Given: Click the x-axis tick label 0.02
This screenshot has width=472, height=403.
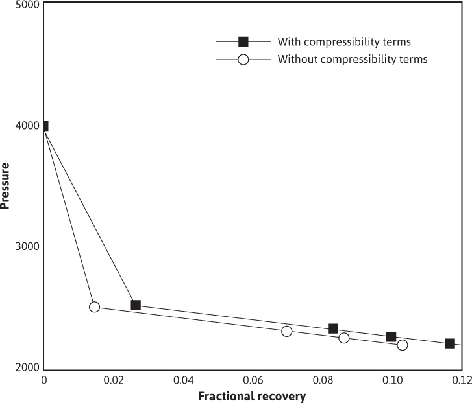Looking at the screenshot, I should [x=113, y=379].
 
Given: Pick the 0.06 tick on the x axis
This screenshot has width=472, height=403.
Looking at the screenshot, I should [x=253, y=379].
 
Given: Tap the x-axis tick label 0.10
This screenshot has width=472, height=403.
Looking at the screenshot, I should [x=392, y=379].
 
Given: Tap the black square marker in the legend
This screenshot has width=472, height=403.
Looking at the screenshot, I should [x=243, y=42].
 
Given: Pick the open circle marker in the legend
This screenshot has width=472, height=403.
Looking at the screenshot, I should [x=243, y=60].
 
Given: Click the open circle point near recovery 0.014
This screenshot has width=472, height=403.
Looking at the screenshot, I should [x=94, y=306].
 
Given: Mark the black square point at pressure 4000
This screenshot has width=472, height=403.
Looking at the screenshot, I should [x=44, y=126].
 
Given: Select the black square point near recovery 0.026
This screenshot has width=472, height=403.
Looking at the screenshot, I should [x=136, y=305].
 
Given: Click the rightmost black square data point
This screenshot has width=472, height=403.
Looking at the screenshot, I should [x=450, y=343].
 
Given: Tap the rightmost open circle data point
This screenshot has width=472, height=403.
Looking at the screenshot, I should [x=403, y=345].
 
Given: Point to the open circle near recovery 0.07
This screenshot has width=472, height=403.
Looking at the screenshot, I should [x=287, y=331].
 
